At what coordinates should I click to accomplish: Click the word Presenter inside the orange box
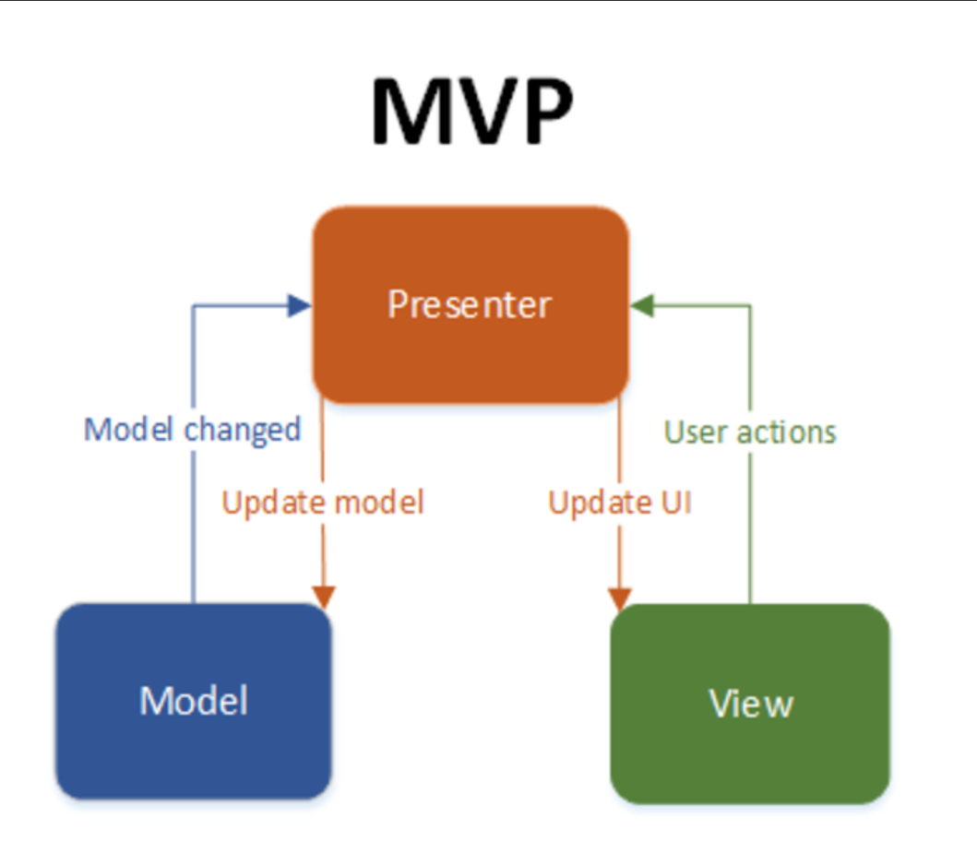pyautogui.click(x=469, y=304)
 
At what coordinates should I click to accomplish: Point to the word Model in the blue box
pyautogui.click(x=194, y=701)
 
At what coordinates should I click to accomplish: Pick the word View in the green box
pyautogui.click(x=751, y=704)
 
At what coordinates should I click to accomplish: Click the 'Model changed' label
pyautogui.click(x=193, y=429)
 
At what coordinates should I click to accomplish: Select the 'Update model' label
pyautogui.click(x=323, y=503)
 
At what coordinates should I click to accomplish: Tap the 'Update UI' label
pyautogui.click(x=620, y=503)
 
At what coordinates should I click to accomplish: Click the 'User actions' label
pyautogui.click(x=750, y=432)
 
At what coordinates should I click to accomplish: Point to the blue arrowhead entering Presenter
pyautogui.click(x=300, y=306)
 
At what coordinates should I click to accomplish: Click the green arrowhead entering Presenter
pyautogui.click(x=642, y=306)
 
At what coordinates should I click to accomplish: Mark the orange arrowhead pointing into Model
pyautogui.click(x=324, y=597)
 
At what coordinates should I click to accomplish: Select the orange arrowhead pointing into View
pyautogui.click(x=619, y=597)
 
